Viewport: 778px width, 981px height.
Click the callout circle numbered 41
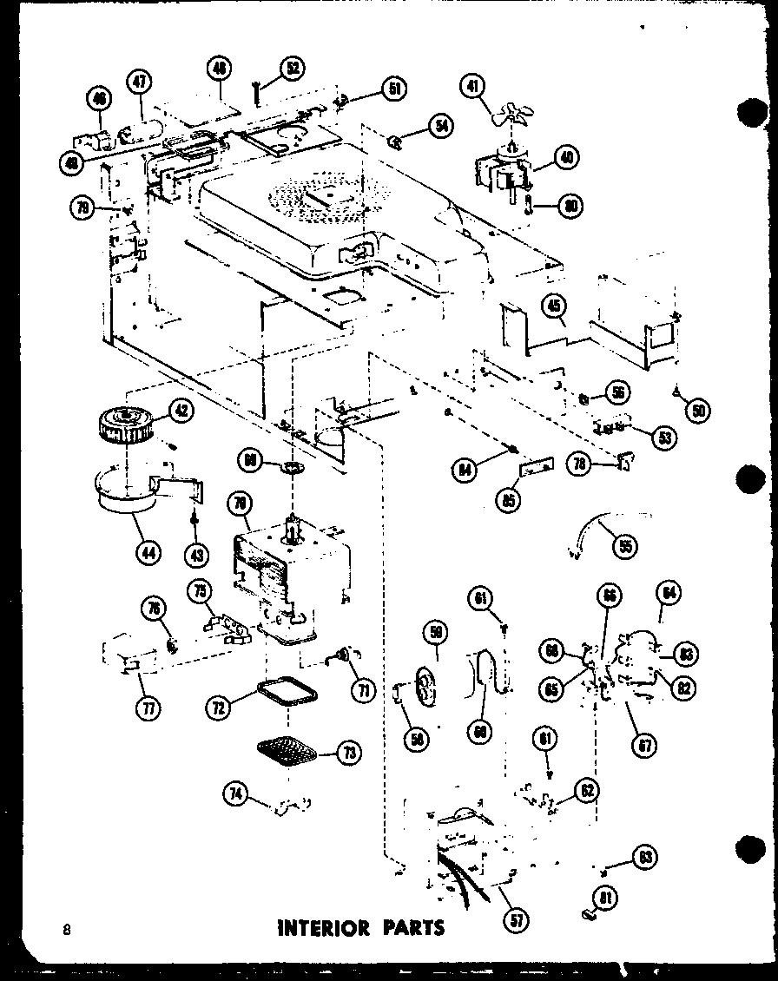[471, 86]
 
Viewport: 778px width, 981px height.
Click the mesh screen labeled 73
[287, 748]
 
